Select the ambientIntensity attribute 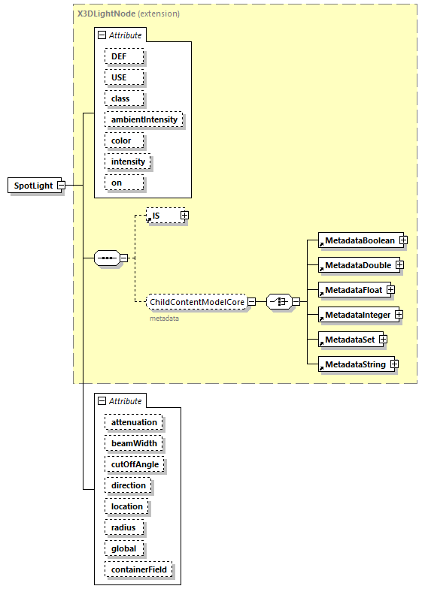tap(144, 119)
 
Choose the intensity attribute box tap(128, 162)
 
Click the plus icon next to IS tap(183, 216)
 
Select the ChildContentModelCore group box tap(197, 302)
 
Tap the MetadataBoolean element tap(359, 240)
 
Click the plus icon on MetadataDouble tap(400, 265)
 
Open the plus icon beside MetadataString tap(393, 364)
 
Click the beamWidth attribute tap(134, 443)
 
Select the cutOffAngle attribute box tap(135, 464)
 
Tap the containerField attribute tap(139, 569)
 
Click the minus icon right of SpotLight tap(61, 186)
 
